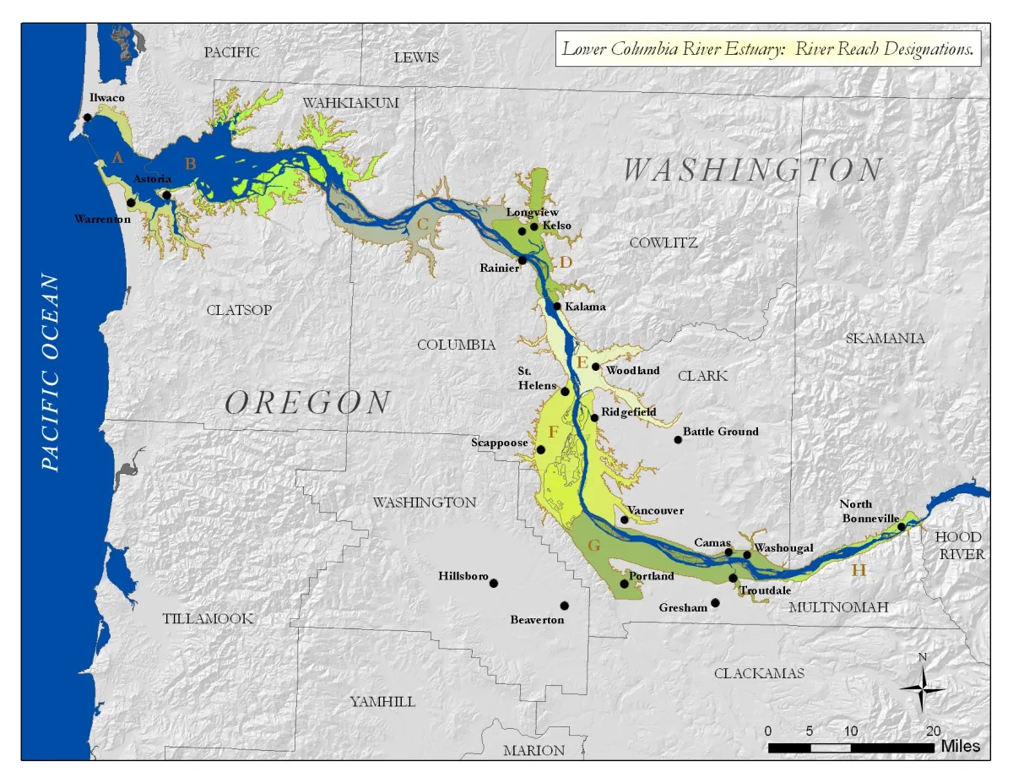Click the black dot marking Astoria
[x=167, y=195]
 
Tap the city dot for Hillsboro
[x=494, y=583]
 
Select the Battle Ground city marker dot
[x=677, y=439]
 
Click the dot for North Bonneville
[x=901, y=527]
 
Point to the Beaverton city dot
[x=564, y=606]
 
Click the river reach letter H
[x=859, y=570]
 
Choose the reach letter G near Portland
[x=593, y=546]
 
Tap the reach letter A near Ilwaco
[x=117, y=157]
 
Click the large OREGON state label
[x=308, y=403]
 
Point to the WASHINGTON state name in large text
[x=752, y=171]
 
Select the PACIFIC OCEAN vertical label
[x=51, y=372]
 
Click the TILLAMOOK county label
[x=208, y=619]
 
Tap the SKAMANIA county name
[x=885, y=338]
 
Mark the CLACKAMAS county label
[x=759, y=673]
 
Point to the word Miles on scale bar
[x=961, y=747]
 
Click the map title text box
[x=768, y=49]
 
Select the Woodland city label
[x=631, y=371]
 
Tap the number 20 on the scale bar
[x=933, y=731]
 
